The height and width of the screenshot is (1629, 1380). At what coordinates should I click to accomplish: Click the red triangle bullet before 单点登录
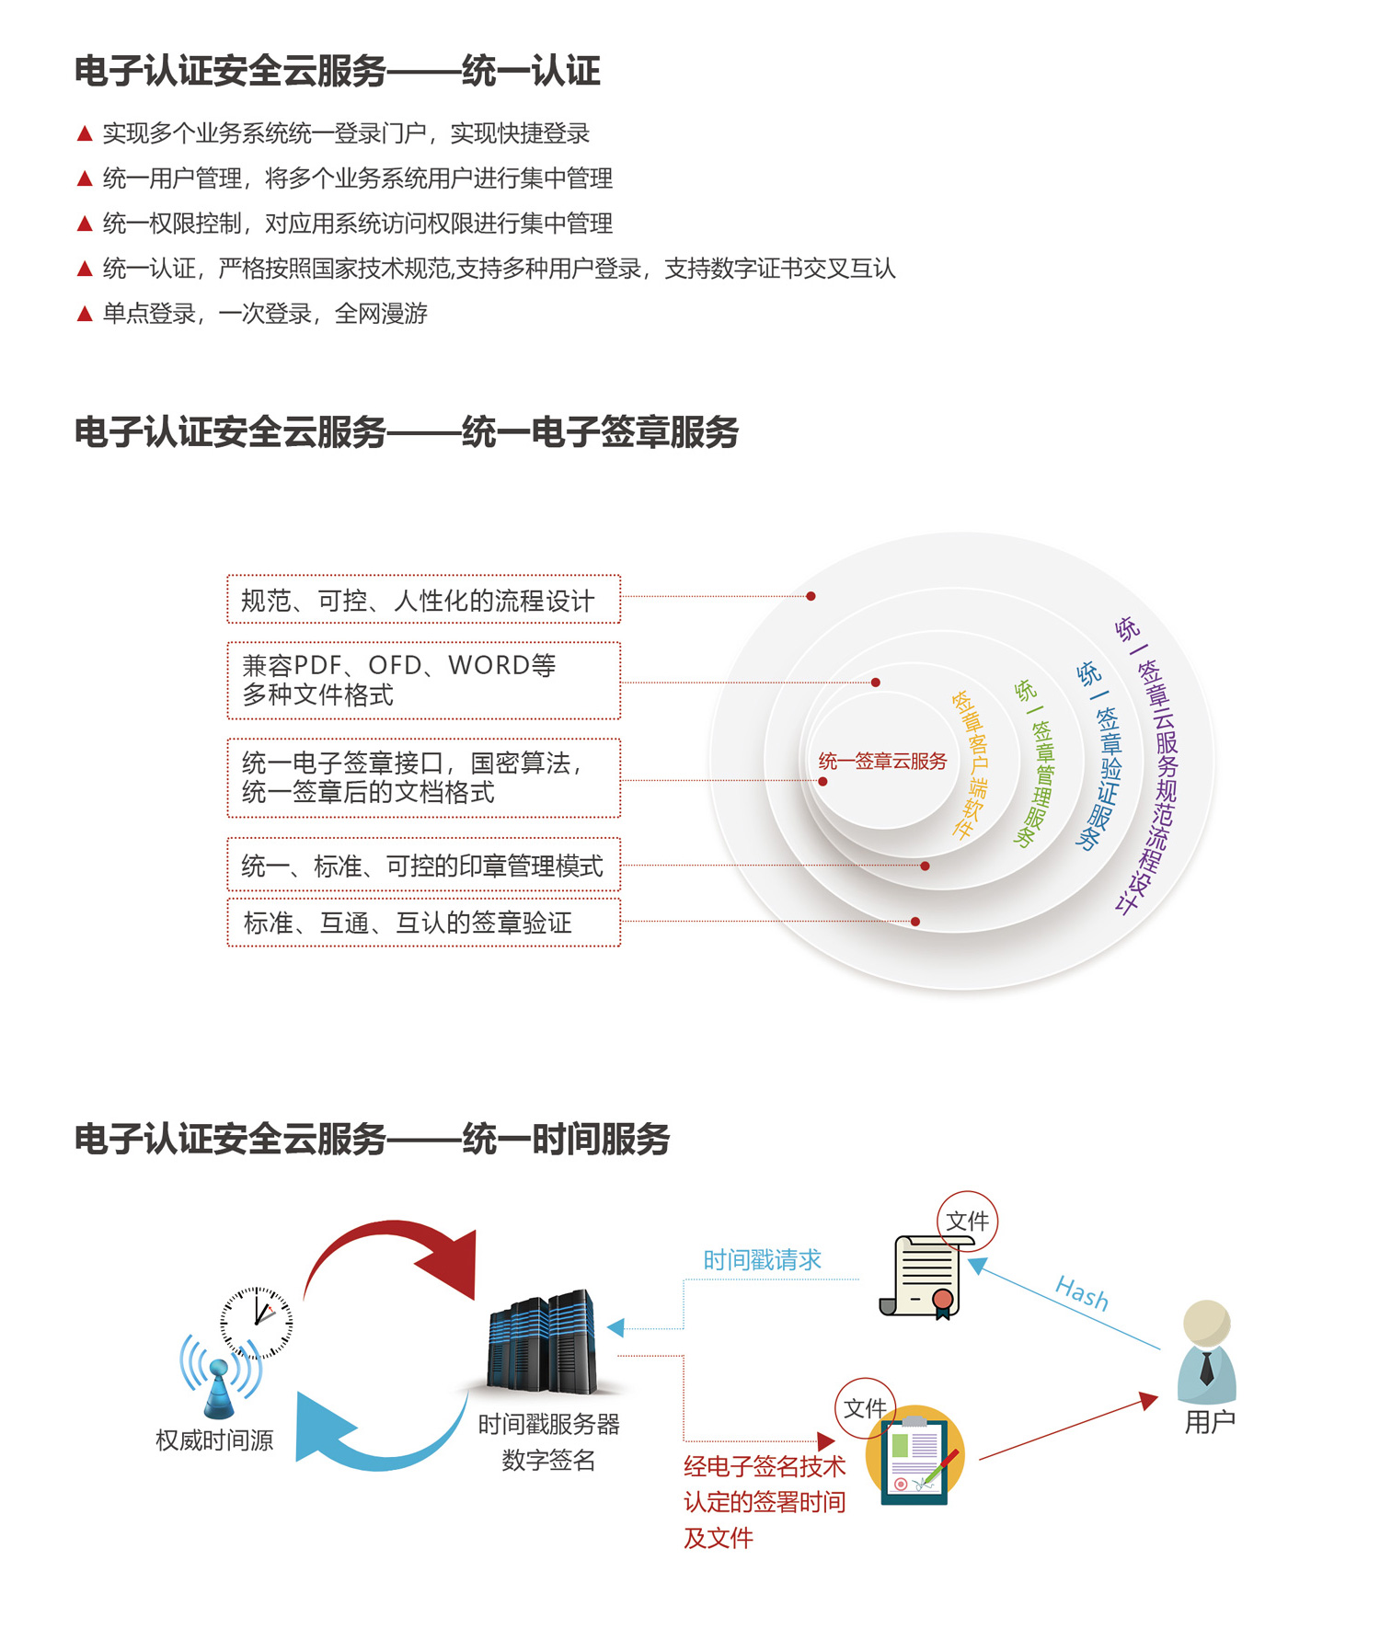pos(85,314)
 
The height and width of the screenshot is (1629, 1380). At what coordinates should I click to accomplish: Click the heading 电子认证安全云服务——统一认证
pos(337,71)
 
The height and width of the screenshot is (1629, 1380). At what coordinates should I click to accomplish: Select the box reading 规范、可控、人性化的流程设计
pos(424,600)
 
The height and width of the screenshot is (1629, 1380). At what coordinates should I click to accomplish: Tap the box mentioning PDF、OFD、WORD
pos(424,681)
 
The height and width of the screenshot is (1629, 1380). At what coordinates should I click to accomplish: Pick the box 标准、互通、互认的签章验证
pos(424,923)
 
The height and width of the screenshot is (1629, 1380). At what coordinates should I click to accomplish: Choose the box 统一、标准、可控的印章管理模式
pos(424,865)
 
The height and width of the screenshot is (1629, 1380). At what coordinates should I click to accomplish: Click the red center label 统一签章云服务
pos(882,762)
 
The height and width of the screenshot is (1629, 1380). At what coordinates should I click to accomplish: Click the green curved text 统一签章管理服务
pos(1034,763)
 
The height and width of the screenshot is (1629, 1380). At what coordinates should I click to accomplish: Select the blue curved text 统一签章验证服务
pos(1100,755)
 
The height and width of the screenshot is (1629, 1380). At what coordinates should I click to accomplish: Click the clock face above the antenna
pos(257,1323)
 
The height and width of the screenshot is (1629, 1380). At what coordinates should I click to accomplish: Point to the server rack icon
pos(543,1343)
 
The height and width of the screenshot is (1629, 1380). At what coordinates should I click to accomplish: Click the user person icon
pos(1207,1352)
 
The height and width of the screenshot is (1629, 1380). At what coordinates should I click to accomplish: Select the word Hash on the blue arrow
pos(1082,1293)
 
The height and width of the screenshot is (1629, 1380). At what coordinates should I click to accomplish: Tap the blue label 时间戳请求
pos(763,1260)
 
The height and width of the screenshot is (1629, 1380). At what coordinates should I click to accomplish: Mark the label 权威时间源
pos(214,1440)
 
